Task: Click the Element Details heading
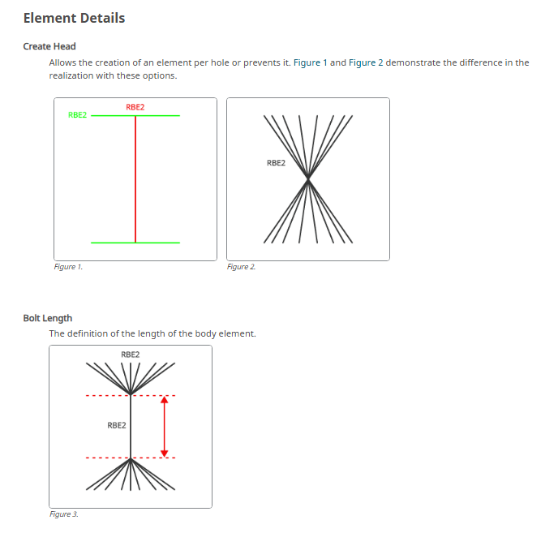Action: coord(74,18)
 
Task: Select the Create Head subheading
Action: coord(49,46)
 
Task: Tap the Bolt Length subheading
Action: coord(48,318)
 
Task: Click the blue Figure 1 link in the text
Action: coord(310,62)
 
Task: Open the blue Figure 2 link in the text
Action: coord(366,62)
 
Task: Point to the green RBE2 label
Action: coord(77,115)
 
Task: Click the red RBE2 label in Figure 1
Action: coord(135,107)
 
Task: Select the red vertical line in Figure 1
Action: coord(135,179)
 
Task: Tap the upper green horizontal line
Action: coord(135,116)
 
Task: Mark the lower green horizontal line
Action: coord(135,243)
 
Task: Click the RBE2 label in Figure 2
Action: coord(276,163)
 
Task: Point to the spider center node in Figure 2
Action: coord(308,179)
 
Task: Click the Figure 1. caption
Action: coord(68,267)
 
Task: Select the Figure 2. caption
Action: coord(241,267)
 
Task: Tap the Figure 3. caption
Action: coord(64,514)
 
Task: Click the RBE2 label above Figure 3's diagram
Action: coord(131,355)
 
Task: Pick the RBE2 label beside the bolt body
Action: coord(117,425)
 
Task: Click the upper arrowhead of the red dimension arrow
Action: coord(164,399)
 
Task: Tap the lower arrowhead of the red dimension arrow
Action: coord(164,453)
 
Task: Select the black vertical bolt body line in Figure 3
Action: coord(131,427)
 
